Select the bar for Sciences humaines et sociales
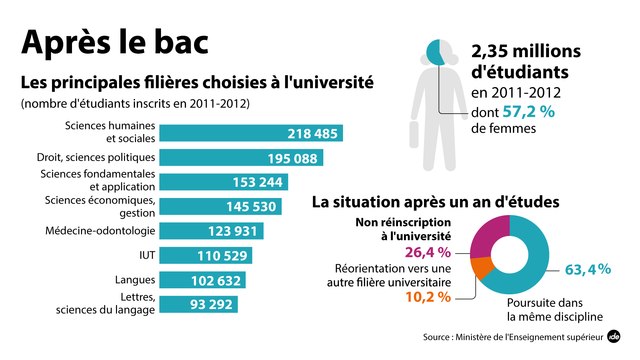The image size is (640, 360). click(251, 133)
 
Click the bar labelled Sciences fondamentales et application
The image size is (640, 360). click(230, 182)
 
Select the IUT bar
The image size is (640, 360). click(205, 255)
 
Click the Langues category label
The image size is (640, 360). click(134, 280)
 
